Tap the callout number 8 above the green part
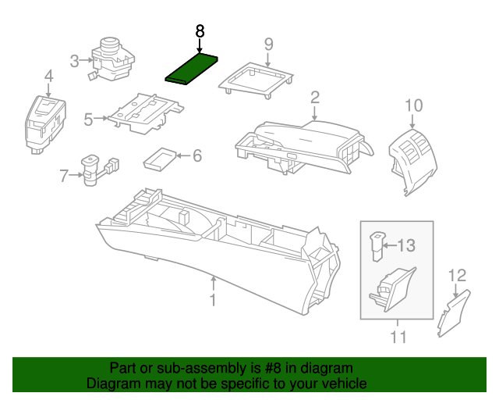click(x=200, y=31)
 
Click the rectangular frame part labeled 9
click(x=258, y=79)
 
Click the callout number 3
click(x=75, y=60)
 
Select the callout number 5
click(x=88, y=120)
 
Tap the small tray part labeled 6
click(x=160, y=159)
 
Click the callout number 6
click(x=196, y=156)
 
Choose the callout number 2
click(x=315, y=98)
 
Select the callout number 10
click(x=413, y=105)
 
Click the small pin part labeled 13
click(x=376, y=245)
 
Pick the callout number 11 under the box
click(x=398, y=337)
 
